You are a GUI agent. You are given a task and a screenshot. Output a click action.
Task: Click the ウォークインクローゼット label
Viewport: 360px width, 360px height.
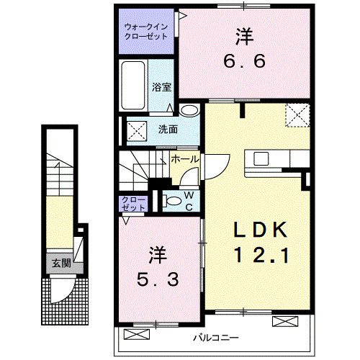point(145,30)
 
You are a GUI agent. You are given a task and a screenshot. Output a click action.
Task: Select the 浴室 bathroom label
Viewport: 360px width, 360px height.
point(160,87)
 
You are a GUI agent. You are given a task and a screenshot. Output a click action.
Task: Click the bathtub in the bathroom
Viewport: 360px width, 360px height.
point(135,86)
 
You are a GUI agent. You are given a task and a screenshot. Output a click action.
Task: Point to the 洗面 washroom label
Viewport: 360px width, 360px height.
point(167,130)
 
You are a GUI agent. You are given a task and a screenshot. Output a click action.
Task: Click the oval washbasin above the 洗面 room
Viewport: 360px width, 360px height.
point(189,110)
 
